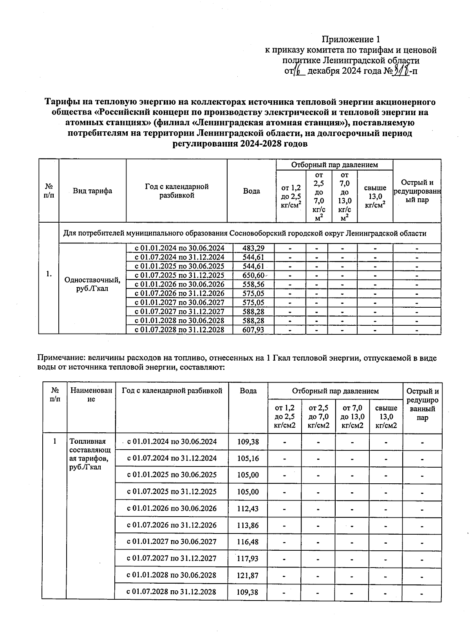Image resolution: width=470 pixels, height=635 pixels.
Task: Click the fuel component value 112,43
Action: pyautogui.click(x=248, y=508)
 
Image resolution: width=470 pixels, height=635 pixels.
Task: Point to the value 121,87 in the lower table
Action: pyautogui.click(x=248, y=575)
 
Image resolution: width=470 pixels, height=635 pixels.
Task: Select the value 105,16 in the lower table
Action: pyautogui.click(x=248, y=458)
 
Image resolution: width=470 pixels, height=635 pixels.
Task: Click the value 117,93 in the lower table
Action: pyautogui.click(x=248, y=558)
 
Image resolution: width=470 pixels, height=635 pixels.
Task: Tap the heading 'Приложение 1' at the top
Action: pyautogui.click(x=351, y=39)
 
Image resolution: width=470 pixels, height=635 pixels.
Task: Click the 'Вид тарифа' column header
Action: pyautogui.click(x=92, y=191)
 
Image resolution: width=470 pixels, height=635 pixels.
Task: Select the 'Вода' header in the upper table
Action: pyautogui.click(x=251, y=191)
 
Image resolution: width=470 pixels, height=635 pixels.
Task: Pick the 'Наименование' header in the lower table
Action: pyautogui.click(x=91, y=395)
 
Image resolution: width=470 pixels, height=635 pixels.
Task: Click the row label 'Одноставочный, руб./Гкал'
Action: pyautogui.click(x=92, y=285)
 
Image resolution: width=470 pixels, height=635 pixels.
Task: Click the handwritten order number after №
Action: pyautogui.click(x=401, y=71)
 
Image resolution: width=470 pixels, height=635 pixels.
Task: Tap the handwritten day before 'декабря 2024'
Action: pyautogui.click(x=298, y=71)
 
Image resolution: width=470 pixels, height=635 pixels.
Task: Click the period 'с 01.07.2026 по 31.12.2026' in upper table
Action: pyautogui.click(x=179, y=294)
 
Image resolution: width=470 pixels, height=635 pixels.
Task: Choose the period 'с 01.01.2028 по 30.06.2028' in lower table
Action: pyautogui.click(x=172, y=575)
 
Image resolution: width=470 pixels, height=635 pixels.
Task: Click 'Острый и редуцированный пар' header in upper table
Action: pyautogui.click(x=417, y=191)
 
